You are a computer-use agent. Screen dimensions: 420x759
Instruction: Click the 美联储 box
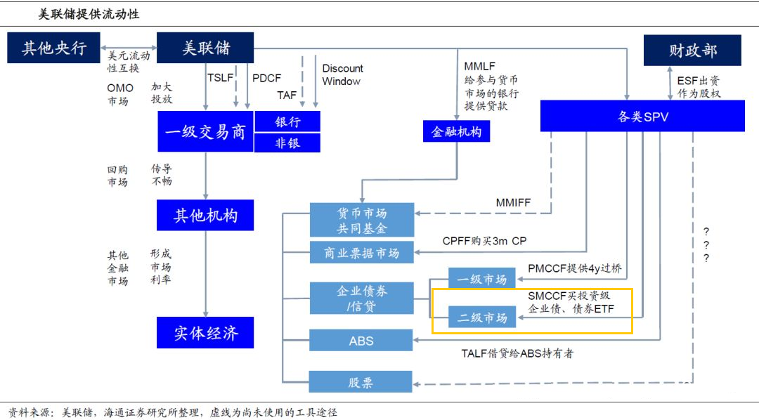coord(205,48)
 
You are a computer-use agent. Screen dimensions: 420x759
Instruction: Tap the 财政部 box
coord(692,51)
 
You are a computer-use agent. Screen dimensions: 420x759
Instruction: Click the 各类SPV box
coord(642,116)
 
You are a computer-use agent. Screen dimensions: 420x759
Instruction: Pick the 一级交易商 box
coord(205,131)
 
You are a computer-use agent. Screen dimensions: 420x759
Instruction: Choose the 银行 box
coord(287,121)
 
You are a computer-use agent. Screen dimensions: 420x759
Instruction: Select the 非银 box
coord(287,143)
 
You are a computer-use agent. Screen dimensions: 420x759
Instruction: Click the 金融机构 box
coord(456,131)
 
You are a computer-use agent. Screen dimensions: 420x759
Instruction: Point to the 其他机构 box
coord(205,215)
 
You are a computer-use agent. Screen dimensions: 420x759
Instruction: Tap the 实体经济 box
coord(205,332)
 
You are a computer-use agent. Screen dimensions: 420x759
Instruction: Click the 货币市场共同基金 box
coord(361,221)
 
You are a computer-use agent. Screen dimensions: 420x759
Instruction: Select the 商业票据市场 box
coord(361,253)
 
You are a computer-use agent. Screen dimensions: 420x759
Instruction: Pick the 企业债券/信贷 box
coord(361,298)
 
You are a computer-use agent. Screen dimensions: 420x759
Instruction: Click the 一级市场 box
coord(482,279)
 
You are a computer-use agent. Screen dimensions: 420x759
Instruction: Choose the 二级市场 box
coord(482,317)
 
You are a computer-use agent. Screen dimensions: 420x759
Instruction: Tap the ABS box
coord(361,341)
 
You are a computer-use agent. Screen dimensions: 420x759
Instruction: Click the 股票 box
coord(361,382)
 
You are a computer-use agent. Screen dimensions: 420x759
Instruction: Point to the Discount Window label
coord(342,74)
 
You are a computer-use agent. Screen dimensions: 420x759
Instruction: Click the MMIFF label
coord(513,203)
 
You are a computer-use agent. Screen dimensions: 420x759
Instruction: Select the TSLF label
coord(220,77)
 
